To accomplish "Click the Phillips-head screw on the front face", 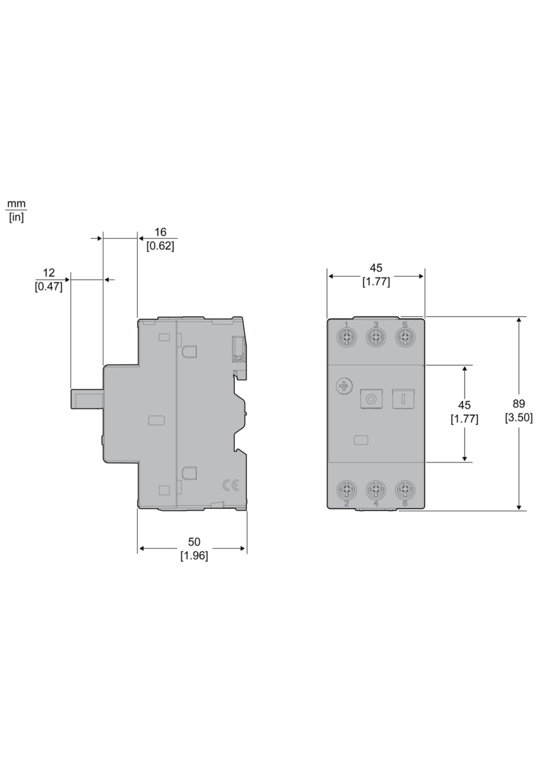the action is coord(345,387).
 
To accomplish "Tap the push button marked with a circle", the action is coord(370,399).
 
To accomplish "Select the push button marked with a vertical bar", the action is coord(403,399).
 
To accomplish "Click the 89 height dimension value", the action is coord(519,403).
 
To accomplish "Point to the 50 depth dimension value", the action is coord(194,542).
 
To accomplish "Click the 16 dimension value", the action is coord(160,232).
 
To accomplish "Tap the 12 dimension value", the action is coord(48,273).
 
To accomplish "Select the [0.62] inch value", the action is coord(160,246).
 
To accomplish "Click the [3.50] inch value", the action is coord(519,418).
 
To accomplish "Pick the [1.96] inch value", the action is coord(194,556).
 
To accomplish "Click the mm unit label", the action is coord(16,204).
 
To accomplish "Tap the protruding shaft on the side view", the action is coord(87,399).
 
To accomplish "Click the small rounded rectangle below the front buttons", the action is coord(361,440).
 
